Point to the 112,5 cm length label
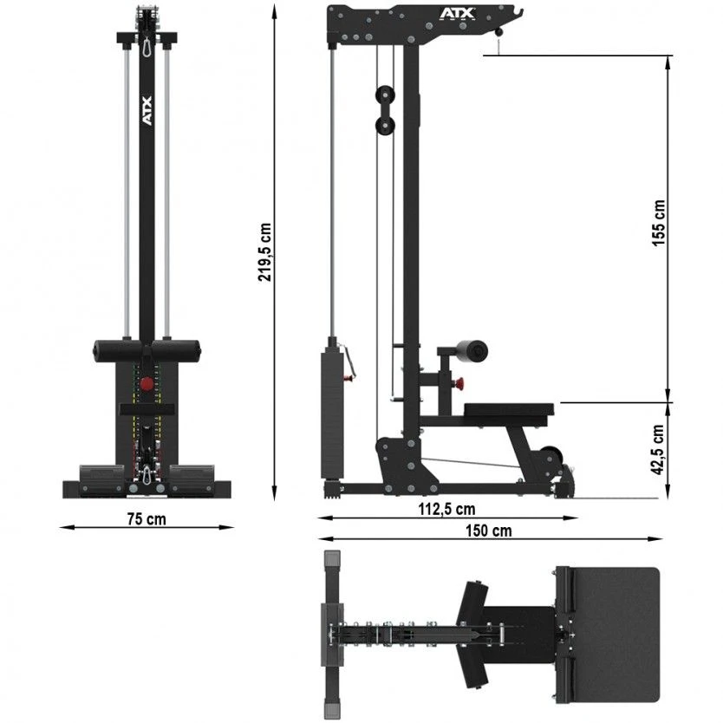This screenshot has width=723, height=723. tap(446, 509)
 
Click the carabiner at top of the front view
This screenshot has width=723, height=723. tap(147, 44)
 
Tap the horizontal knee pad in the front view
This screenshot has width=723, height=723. tap(147, 352)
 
